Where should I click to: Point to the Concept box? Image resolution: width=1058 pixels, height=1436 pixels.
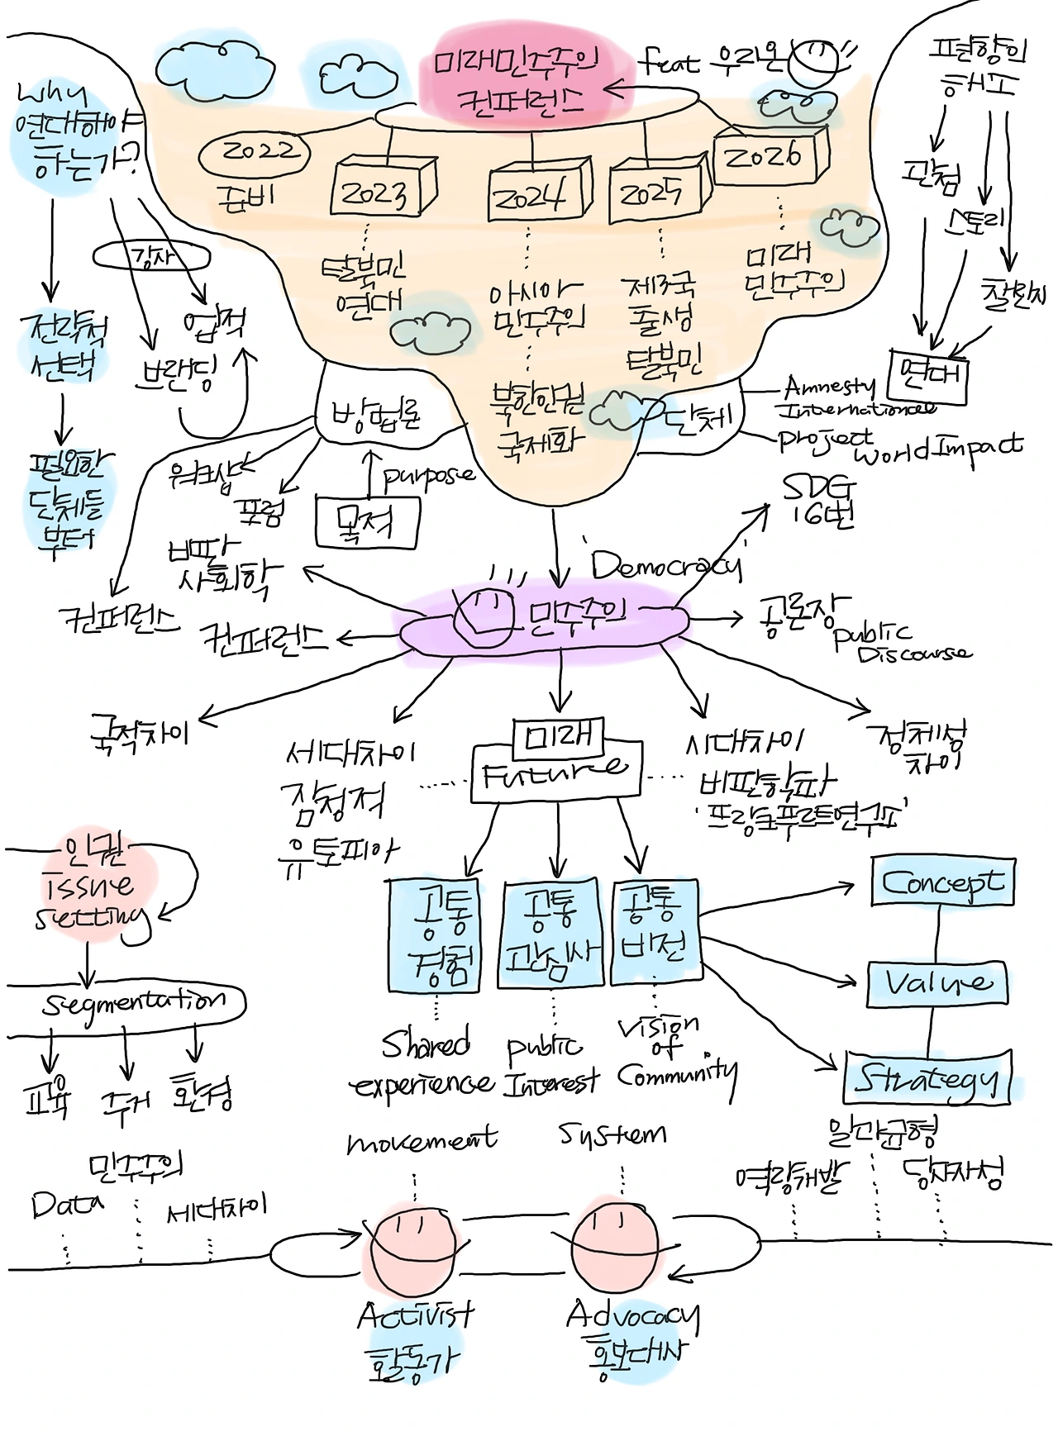pos(942,882)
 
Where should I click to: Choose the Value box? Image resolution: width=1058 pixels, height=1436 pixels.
pos(937,982)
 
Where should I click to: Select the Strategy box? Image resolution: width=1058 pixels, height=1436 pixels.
pos(927,1078)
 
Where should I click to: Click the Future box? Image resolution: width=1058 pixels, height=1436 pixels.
pos(555,773)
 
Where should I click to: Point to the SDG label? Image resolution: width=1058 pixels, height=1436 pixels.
pos(819,500)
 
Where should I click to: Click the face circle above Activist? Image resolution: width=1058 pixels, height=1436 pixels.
pos(412,1248)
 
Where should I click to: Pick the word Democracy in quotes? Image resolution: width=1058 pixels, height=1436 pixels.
pos(665,565)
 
